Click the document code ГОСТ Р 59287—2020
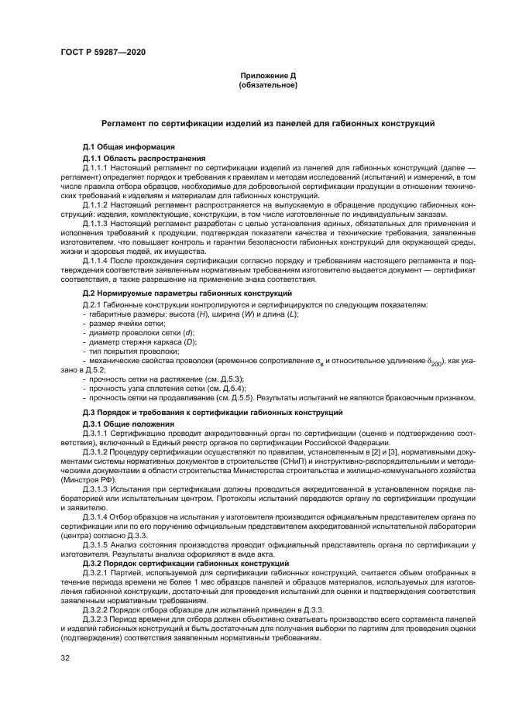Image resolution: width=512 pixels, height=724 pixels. click(x=102, y=52)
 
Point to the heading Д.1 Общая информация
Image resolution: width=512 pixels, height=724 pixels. click(x=129, y=147)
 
